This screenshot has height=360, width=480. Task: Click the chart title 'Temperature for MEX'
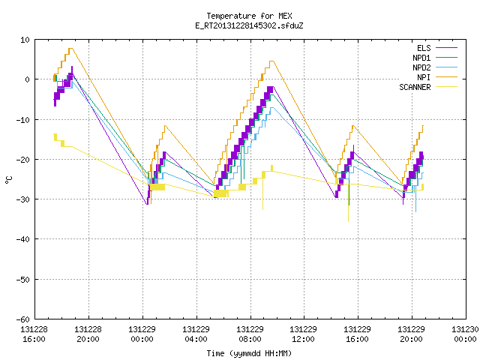point(249,16)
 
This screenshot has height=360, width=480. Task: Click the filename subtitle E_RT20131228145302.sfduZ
point(249,25)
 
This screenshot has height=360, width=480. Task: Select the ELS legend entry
point(436,48)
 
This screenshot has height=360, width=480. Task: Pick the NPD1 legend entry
point(435,58)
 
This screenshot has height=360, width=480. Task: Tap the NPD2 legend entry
point(435,67)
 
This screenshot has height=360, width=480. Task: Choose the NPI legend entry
point(436,77)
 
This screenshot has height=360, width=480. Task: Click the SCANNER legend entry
point(428,87)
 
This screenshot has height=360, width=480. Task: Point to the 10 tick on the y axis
point(25,40)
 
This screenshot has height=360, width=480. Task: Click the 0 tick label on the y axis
point(27,79)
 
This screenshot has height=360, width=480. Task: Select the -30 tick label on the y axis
point(23,199)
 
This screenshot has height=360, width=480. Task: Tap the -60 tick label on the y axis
point(23,319)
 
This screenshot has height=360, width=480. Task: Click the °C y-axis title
point(8,180)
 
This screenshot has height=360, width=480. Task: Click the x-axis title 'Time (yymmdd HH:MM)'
point(249,353)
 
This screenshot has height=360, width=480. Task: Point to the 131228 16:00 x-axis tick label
point(34,334)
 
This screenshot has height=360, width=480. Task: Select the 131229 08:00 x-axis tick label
point(250,334)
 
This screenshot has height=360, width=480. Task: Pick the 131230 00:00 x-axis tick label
point(465,334)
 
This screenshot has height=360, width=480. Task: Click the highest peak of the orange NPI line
point(70,48)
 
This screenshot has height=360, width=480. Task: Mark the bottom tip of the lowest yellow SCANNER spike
point(348,221)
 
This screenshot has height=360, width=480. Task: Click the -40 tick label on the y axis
point(23,239)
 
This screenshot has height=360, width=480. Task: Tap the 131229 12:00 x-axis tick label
point(303,334)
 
